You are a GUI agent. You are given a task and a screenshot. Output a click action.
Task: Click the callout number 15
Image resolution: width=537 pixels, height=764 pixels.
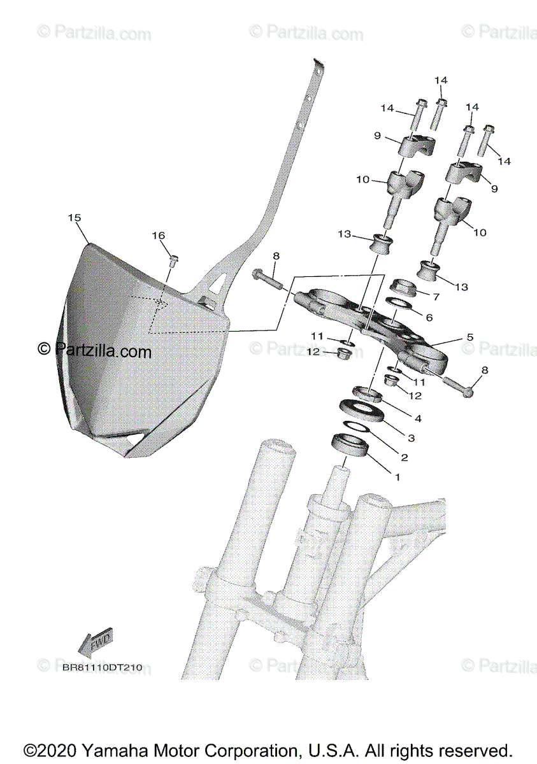75,218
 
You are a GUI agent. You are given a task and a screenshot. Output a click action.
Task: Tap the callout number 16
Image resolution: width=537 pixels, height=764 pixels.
158,236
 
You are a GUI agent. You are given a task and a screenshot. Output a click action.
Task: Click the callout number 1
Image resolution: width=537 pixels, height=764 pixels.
398,477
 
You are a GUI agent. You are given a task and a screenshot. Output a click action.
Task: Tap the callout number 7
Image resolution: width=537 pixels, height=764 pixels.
436,297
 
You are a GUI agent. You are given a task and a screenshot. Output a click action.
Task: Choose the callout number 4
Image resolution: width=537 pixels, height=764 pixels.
418,419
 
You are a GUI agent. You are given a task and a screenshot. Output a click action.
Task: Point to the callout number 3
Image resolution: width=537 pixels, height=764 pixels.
411,438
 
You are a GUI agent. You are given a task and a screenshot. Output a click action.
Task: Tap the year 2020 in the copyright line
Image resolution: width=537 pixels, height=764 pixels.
54,749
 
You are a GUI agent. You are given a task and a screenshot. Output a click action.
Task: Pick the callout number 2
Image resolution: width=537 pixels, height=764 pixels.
403,457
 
